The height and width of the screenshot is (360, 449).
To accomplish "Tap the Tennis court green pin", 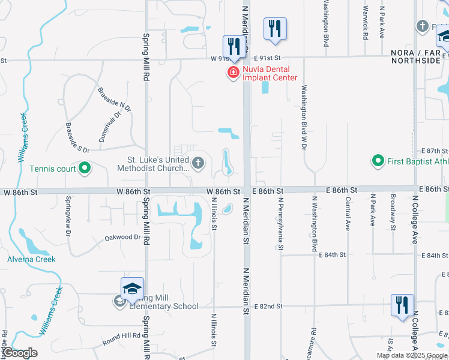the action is click(85, 168).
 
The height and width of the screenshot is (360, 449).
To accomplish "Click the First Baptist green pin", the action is click(378, 161).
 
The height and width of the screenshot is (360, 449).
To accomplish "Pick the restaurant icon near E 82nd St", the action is click(402, 304).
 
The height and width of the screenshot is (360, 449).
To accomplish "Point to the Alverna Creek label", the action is click(31, 259).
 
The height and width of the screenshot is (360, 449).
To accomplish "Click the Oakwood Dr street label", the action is click(122, 237).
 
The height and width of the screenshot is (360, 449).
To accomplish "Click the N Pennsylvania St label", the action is click(279, 221).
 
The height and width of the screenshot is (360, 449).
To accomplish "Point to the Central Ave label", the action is click(348, 217).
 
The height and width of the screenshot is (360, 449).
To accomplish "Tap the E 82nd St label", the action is click(268, 307).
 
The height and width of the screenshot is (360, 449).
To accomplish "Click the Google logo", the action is click(19, 353).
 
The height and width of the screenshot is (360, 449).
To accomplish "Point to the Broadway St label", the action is click(393, 212).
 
